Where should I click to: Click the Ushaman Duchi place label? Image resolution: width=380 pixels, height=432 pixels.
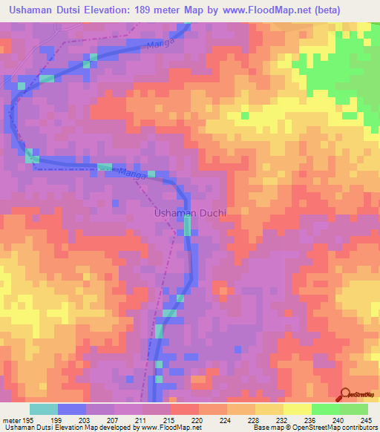click(x=189, y=213)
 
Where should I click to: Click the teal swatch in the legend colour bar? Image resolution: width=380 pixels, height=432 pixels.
click(x=44, y=409)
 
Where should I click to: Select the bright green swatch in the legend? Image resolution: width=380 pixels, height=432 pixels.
click(x=325, y=409)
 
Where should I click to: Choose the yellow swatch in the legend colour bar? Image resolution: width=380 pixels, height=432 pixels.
click(x=297, y=409)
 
